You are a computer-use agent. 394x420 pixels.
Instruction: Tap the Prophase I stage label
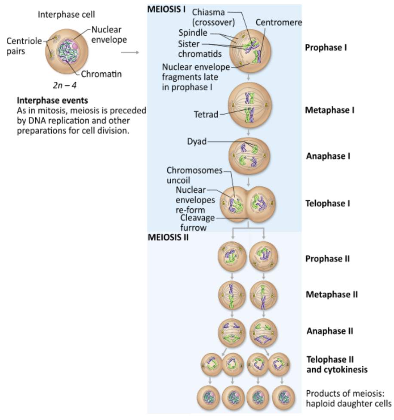click(x=326, y=47)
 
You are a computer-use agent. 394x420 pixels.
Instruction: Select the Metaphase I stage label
click(x=329, y=110)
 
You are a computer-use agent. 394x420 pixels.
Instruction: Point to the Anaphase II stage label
click(x=329, y=331)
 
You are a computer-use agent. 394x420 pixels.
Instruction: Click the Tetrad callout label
click(x=206, y=114)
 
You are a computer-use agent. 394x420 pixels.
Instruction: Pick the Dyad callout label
click(x=197, y=142)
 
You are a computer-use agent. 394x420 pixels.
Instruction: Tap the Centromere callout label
click(x=279, y=22)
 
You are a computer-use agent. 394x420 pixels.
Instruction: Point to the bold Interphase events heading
click(x=52, y=101)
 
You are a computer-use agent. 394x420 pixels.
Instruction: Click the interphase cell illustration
click(x=64, y=48)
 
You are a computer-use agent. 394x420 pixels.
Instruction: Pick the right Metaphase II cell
click(x=263, y=295)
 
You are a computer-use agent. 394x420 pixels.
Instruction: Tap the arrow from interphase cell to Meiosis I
click(x=130, y=52)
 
